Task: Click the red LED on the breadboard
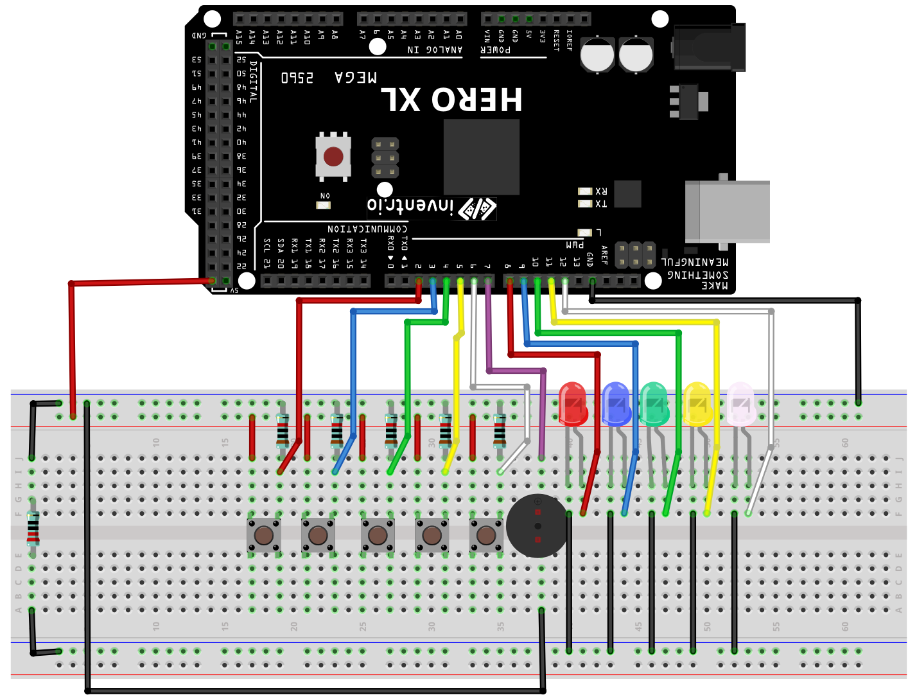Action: pyautogui.click(x=572, y=404)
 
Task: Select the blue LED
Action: pyautogui.click(x=616, y=404)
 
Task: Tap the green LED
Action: pyautogui.click(x=654, y=404)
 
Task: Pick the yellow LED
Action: pyautogui.click(x=697, y=404)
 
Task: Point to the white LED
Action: pyautogui.click(x=740, y=404)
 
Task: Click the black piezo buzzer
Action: pyautogui.click(x=537, y=526)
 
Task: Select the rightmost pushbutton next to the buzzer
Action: pyautogui.click(x=486, y=535)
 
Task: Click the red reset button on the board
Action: pyautogui.click(x=333, y=156)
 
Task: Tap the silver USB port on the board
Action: pyautogui.click(x=727, y=211)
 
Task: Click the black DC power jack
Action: pyautogui.click(x=709, y=48)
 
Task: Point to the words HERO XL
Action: pyautogui.click(x=451, y=100)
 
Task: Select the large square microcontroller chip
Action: pyautogui.click(x=481, y=157)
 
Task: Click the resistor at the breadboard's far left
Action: pyautogui.click(x=33, y=528)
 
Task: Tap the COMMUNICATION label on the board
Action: pyautogui.click(x=367, y=229)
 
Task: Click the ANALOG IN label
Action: pyautogui.click(x=435, y=49)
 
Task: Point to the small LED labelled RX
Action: pyautogui.click(x=584, y=191)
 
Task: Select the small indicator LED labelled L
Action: pyautogui.click(x=584, y=233)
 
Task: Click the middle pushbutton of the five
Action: pyautogui.click(x=377, y=535)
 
